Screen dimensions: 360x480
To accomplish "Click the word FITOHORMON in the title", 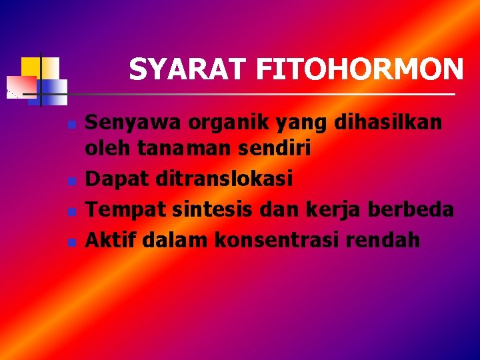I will [x=359, y=69].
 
